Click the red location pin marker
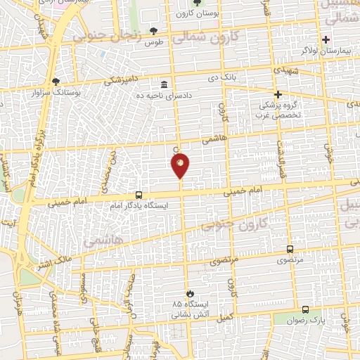(181, 165)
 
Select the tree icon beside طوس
(154, 31)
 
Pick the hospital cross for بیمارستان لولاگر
(326, 39)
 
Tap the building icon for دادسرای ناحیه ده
(163, 83)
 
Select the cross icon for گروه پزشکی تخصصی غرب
(278, 94)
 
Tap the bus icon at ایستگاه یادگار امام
(139, 194)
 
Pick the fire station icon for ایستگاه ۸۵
(188, 293)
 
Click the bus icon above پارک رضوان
(305, 309)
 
